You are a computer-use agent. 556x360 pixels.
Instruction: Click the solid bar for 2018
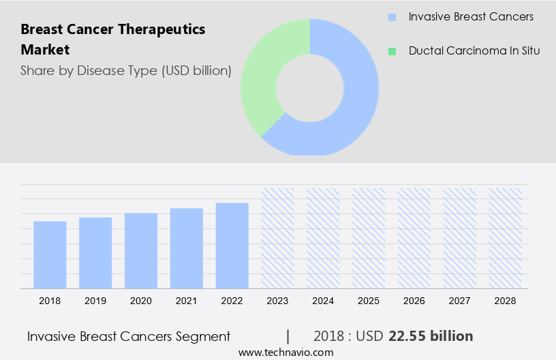tap(50, 255)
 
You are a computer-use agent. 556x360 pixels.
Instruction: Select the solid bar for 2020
tap(141, 251)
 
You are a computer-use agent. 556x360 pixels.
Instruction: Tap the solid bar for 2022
tap(232, 245)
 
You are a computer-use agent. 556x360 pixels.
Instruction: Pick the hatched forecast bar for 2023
tap(278, 238)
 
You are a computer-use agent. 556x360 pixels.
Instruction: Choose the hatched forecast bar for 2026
tap(414, 238)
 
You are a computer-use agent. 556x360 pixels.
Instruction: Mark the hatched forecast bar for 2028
tap(506, 238)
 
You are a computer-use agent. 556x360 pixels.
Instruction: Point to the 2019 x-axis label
tap(95, 301)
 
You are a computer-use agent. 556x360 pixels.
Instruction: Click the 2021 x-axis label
tap(187, 301)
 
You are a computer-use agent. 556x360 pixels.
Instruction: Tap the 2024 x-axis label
tap(323, 301)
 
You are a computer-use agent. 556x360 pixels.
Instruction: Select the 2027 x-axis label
tap(460, 301)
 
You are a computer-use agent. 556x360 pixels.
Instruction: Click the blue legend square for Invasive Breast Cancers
tap(391, 17)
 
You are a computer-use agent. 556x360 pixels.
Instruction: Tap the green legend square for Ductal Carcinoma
tap(391, 51)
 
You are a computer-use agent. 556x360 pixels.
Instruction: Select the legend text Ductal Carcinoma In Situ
tap(474, 51)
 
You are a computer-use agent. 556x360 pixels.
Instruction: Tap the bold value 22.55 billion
tap(431, 336)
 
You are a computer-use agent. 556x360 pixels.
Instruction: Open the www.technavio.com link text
tap(285, 352)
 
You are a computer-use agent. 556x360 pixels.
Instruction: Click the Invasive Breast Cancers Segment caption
tap(129, 336)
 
